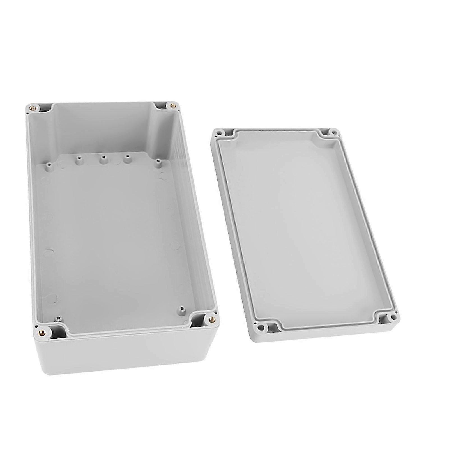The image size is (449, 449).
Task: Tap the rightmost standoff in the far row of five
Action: tap(158, 162)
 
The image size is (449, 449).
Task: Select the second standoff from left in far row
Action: tap(77, 159)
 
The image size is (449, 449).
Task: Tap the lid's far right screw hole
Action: tap(333, 131)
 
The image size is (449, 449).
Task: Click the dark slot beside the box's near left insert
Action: tap(58, 331)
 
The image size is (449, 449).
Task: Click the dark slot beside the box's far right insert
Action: tap(161, 106)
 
